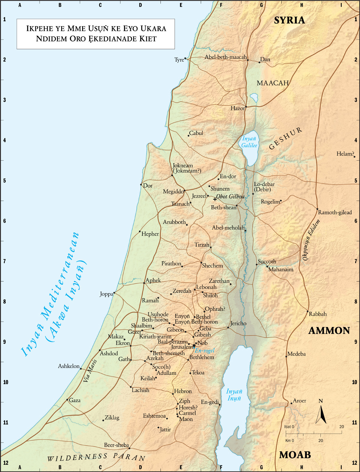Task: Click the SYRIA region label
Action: pyautogui.click(x=289, y=20)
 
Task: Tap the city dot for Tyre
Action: pyautogui.click(x=185, y=58)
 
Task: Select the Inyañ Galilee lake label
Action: pyautogui.click(x=249, y=142)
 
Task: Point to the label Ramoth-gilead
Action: pyautogui.click(x=335, y=212)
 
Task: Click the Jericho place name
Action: pyautogui.click(x=238, y=323)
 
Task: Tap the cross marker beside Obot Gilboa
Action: pyautogui.click(x=215, y=199)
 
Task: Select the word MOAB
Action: pyautogui.click(x=295, y=455)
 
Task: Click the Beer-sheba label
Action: pyautogui.click(x=116, y=445)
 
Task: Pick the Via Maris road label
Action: pyautogui.click(x=90, y=371)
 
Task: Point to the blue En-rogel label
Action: pyautogui.click(x=205, y=350)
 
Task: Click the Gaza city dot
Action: pyautogui.click(x=67, y=400)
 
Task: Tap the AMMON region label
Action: pyautogui.click(x=329, y=331)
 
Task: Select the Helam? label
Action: pyautogui.click(x=345, y=154)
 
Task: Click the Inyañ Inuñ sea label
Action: pyautogui.click(x=234, y=395)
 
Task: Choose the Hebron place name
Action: pyautogui.click(x=183, y=391)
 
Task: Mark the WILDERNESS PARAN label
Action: pyautogui.click(x=96, y=457)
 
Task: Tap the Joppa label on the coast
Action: pyautogui.click(x=106, y=294)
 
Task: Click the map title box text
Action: pyautogui.click(x=96, y=34)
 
